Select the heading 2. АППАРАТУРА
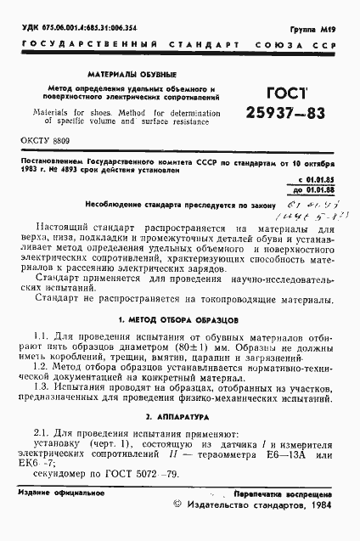tap(179, 419)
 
